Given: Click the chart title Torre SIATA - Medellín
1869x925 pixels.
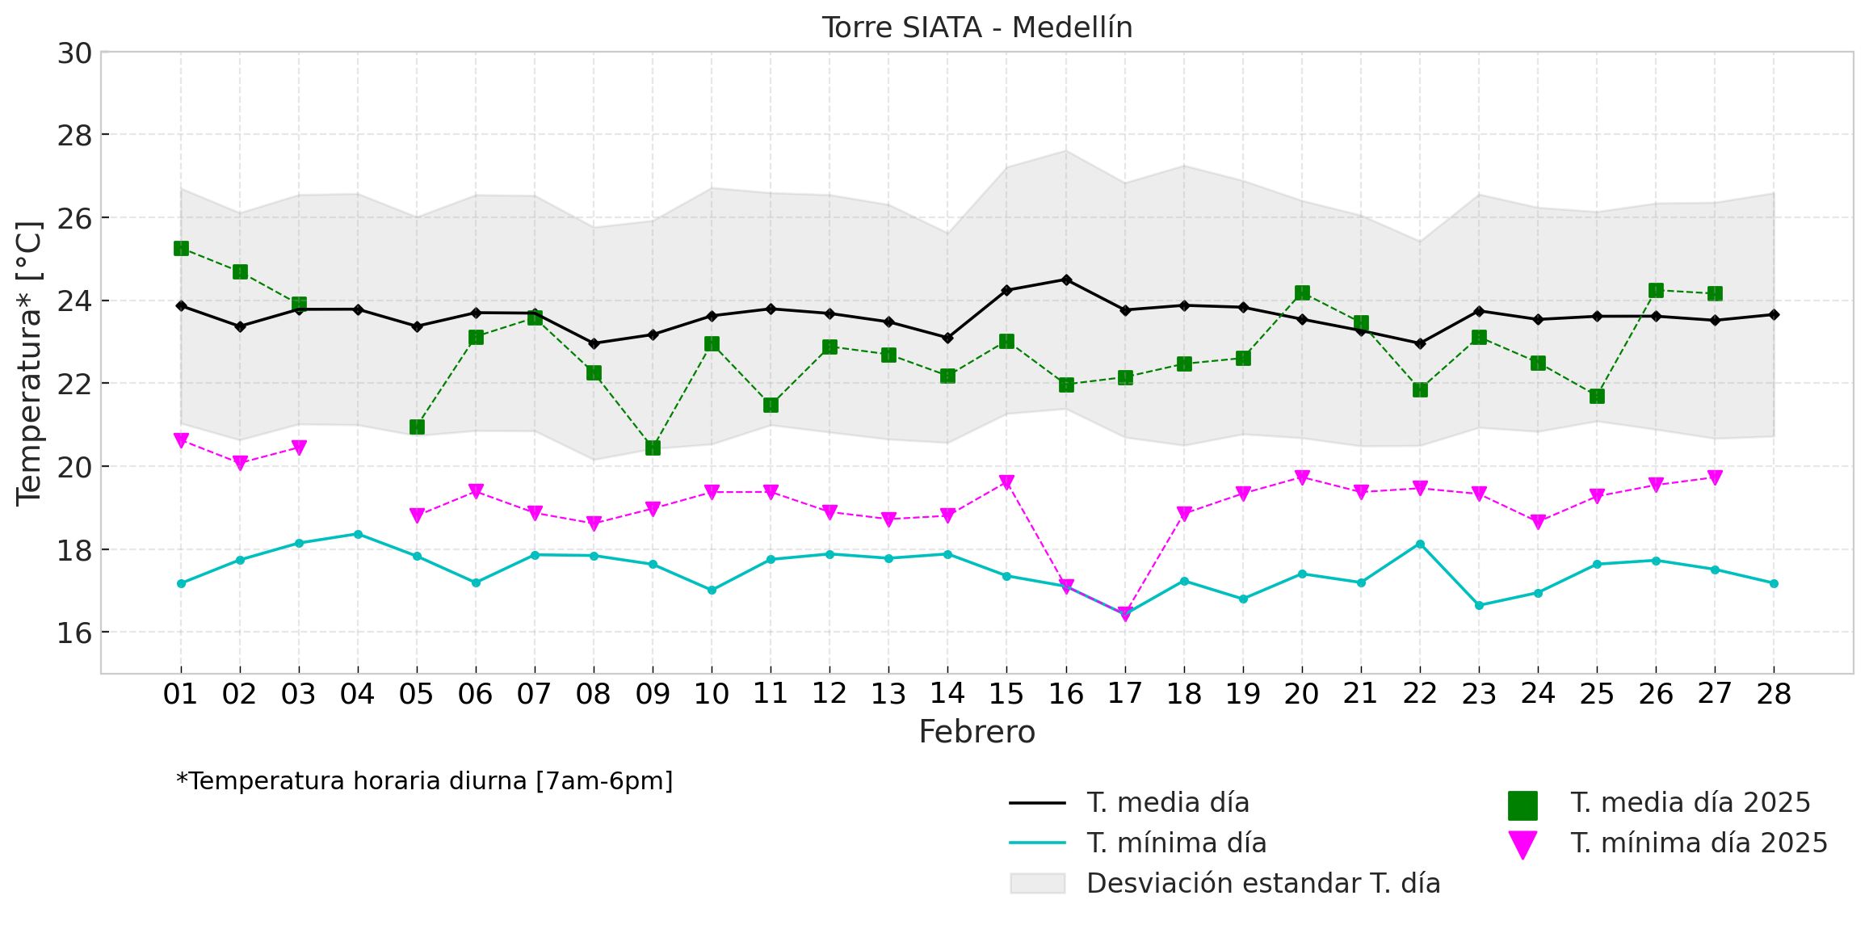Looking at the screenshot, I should pos(976,27).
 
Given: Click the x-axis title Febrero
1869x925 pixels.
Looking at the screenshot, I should pos(976,732).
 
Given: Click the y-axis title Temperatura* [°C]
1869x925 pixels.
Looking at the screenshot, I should pos(29,363).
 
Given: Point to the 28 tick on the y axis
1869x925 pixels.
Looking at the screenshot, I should pos(74,136).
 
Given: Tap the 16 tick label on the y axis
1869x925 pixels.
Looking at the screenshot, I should pos(74,633).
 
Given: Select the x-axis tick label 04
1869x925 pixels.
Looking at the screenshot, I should pos(358,694).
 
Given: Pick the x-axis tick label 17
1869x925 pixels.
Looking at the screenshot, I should pos(1124,694).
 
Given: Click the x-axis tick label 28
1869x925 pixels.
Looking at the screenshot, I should pos(1774,694).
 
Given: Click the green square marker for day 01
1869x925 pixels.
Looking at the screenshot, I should pos(181,248).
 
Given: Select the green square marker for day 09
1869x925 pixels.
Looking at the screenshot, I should pos(653,448).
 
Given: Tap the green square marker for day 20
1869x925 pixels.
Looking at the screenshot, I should pos(1302,292).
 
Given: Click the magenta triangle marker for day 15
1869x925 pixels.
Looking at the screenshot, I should pos(1006,482).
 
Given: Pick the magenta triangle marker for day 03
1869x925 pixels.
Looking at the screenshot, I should pos(299,448).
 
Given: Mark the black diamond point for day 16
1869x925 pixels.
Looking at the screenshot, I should pos(1066,280).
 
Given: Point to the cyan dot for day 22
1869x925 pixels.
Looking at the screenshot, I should pos(1420,544).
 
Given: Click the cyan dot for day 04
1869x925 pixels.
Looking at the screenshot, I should pos(358,534).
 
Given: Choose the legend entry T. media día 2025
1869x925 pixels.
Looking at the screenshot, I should pos(1690,803).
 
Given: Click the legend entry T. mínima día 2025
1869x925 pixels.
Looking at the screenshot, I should pos(1699,843).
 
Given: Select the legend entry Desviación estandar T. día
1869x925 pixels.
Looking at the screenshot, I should pos(1263,884).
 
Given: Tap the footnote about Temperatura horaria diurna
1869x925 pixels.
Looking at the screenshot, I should pos(425,781).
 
